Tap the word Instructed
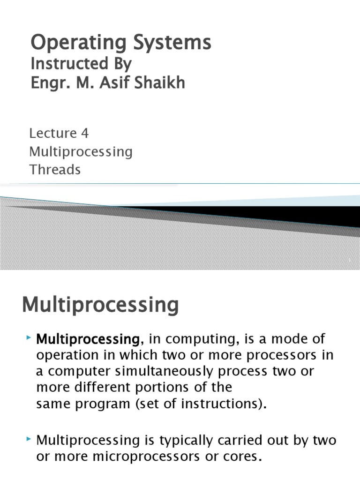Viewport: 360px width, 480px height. pyautogui.click(x=69, y=63)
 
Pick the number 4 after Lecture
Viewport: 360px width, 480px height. pyautogui.click(x=85, y=133)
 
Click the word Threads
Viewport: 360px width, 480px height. pyautogui.click(x=55, y=170)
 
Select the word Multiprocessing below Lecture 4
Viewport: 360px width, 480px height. pyautogui.click(x=81, y=152)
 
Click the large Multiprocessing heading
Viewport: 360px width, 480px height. pyautogui.click(x=100, y=305)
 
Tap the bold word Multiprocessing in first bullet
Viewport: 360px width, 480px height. pyautogui.click(x=88, y=339)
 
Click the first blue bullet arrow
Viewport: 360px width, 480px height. pyautogui.click(x=29, y=337)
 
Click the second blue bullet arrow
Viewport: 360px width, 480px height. pyautogui.click(x=29, y=439)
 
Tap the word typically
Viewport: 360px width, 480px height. pyautogui.click(x=186, y=441)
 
